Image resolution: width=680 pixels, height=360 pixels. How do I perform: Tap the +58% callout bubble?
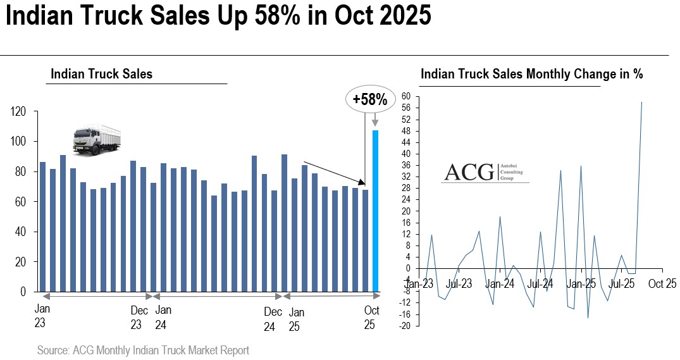pos(369,99)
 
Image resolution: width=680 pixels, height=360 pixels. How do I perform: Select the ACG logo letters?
pos(469,172)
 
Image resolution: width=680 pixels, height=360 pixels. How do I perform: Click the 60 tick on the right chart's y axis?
pos(406,96)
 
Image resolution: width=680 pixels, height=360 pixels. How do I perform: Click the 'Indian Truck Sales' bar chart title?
pos(101,74)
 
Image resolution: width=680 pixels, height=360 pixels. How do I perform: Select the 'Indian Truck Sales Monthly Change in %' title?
pos(531,74)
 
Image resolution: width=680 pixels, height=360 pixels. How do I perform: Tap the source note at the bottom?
pos(143,350)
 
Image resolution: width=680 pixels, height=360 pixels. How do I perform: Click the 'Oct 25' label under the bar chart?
pos(371,318)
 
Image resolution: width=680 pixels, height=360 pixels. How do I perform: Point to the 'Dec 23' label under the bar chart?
pos(139,318)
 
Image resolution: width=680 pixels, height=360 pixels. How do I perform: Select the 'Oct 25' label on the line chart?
pos(662,283)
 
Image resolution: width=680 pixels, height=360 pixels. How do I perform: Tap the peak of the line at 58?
pos(642,102)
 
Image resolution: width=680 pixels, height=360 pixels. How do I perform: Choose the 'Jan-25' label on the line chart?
pos(581,283)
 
